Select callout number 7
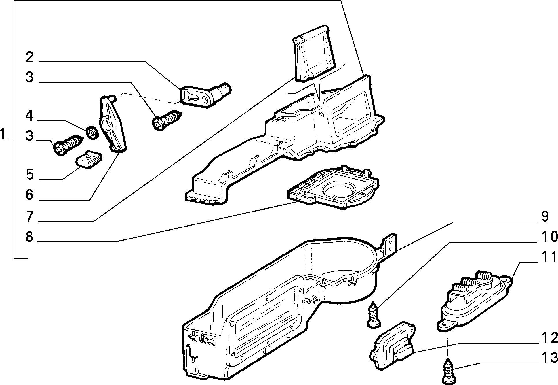[x=29, y=216]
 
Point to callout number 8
[x=29, y=237]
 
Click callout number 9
[x=544, y=216]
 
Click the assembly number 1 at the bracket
[x=3, y=134]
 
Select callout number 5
[x=30, y=175]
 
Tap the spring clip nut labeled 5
[x=89, y=159]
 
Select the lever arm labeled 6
[x=113, y=122]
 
